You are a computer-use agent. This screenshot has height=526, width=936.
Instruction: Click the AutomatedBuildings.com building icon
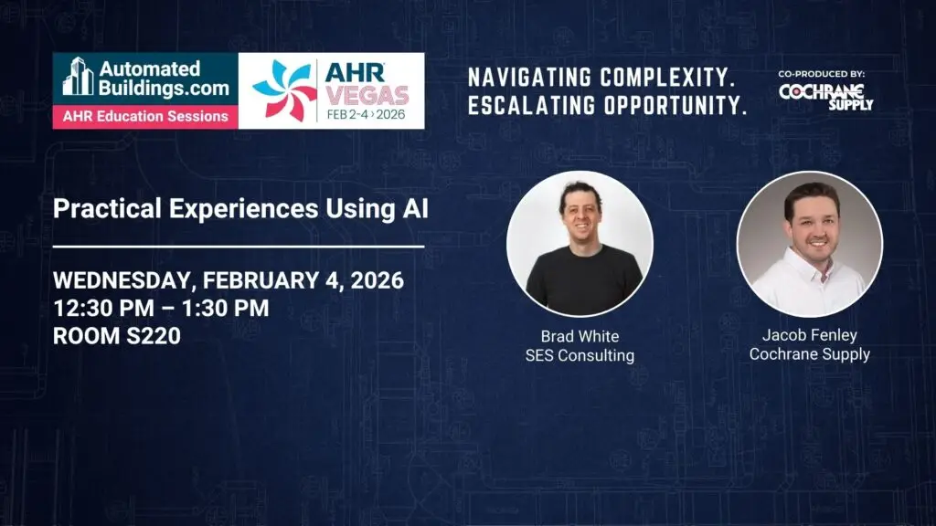(79, 77)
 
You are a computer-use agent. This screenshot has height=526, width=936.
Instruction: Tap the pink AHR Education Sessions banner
(145, 116)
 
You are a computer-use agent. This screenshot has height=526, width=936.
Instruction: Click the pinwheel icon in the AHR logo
(284, 90)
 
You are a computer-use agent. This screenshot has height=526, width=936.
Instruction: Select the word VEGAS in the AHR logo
(367, 95)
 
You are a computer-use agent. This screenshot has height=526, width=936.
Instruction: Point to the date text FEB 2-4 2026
(366, 114)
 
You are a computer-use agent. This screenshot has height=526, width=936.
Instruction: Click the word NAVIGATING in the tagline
(529, 78)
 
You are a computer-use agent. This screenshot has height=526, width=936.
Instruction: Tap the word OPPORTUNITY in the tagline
(675, 106)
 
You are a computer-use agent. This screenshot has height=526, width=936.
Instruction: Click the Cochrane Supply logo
(825, 96)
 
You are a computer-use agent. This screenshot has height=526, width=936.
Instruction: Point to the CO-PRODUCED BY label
(822, 74)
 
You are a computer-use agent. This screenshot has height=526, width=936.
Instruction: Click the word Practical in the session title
(108, 209)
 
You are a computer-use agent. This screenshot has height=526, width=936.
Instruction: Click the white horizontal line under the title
(239, 246)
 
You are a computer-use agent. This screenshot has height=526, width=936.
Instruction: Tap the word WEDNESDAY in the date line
(122, 280)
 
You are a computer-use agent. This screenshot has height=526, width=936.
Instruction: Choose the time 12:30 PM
(104, 309)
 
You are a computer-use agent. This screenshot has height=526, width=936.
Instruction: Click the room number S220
(153, 336)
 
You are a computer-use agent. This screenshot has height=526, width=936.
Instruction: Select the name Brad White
(580, 336)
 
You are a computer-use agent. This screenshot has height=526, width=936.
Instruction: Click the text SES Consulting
(580, 355)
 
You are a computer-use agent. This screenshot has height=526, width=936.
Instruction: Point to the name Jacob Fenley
(810, 335)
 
